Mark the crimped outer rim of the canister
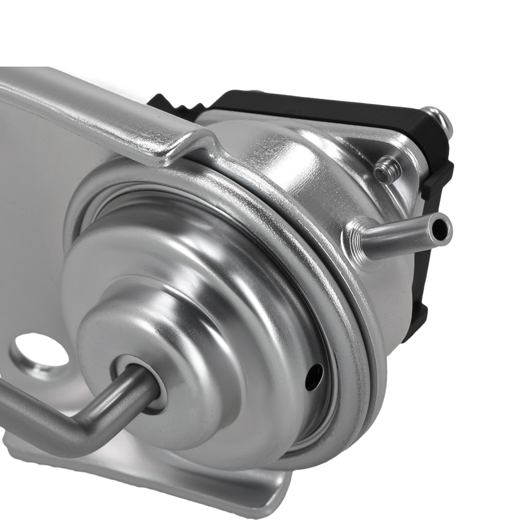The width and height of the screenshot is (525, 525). pos(362,341)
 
